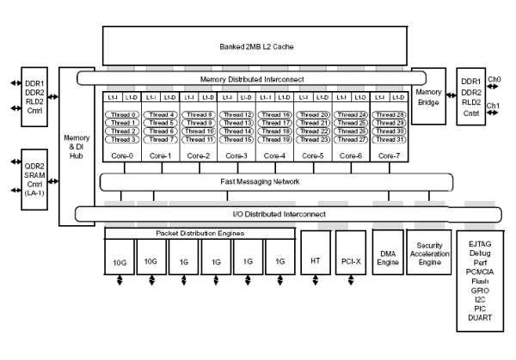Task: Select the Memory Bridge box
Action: pyautogui.click(x=427, y=95)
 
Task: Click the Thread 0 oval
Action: pyautogui.click(x=123, y=114)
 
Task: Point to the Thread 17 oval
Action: pyautogui.click(x=276, y=123)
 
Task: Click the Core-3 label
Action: pyautogui.click(x=236, y=156)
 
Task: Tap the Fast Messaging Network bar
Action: pyautogui.click(x=276, y=181)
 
